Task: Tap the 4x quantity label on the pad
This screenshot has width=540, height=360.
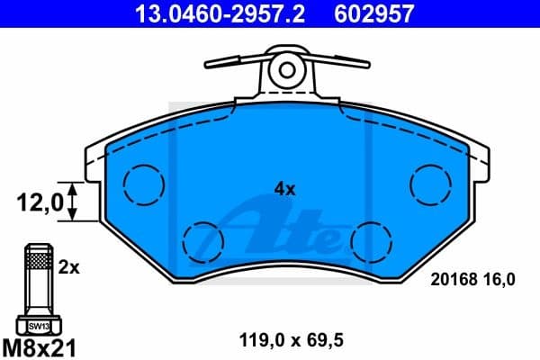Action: pyautogui.click(x=285, y=189)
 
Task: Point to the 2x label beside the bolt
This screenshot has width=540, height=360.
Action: pyautogui.click(x=69, y=268)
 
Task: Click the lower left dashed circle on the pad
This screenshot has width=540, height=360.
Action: pyautogui.click(x=203, y=240)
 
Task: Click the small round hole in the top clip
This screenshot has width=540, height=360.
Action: pyautogui.click(x=287, y=68)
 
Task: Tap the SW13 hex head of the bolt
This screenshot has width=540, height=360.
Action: pyautogui.click(x=37, y=326)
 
